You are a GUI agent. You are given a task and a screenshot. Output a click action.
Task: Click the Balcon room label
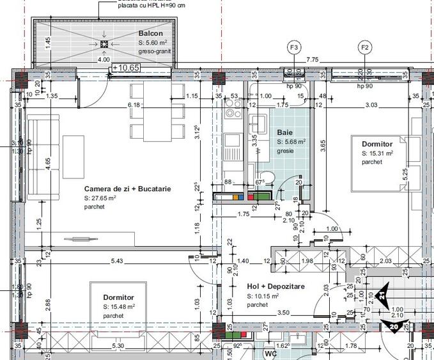[x=150, y=33]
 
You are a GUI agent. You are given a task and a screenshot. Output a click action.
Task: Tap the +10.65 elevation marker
[x=125, y=67]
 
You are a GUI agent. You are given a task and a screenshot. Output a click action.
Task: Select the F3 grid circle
[x=295, y=48]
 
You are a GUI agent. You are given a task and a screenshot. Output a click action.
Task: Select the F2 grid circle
[x=365, y=48]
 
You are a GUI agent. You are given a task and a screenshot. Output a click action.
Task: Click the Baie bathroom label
[x=284, y=132]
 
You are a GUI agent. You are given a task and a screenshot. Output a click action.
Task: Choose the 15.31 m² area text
[x=377, y=153]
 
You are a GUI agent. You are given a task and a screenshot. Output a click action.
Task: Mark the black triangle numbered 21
[x=382, y=295]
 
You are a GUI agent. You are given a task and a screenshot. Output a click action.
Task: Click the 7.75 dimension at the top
[x=313, y=59]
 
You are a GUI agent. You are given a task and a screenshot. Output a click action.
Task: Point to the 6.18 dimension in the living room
[x=134, y=104]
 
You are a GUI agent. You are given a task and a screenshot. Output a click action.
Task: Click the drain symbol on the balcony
[x=104, y=43]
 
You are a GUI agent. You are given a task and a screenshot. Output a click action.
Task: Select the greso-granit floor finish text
[x=155, y=51]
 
